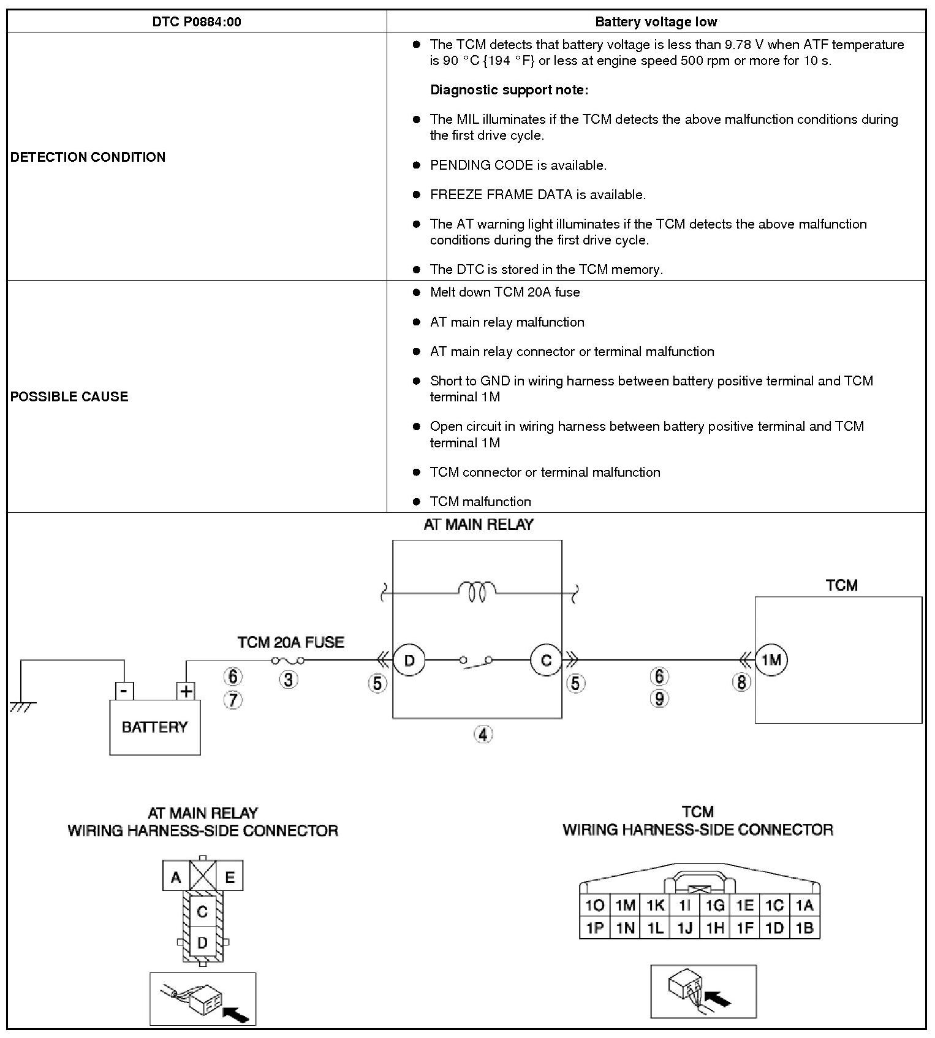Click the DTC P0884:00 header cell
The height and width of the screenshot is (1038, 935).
[197, 22]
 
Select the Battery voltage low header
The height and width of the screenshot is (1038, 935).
[656, 22]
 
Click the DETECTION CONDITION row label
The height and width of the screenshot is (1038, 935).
[88, 157]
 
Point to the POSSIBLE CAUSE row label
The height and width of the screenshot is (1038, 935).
[69, 396]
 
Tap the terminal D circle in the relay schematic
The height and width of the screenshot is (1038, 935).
[409, 660]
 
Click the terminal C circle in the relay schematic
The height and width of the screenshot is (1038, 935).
[546, 660]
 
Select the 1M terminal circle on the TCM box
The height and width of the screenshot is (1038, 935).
[771, 660]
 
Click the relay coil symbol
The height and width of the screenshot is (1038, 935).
[477, 591]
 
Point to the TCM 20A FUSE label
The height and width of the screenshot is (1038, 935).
[291, 642]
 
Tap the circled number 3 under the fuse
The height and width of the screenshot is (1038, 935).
[289, 679]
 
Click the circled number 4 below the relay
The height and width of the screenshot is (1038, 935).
[483, 733]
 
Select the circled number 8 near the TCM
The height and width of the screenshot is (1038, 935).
[741, 681]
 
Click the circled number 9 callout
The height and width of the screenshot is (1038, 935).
[659, 699]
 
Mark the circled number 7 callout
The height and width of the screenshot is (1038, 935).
[233, 700]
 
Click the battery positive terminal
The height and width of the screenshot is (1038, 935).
[186, 691]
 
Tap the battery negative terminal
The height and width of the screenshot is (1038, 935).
[124, 691]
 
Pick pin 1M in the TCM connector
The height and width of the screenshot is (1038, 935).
[625, 905]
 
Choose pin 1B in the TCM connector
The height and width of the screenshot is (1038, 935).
[804, 928]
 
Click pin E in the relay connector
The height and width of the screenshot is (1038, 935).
[230, 877]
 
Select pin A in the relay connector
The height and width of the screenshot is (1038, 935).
[176, 877]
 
